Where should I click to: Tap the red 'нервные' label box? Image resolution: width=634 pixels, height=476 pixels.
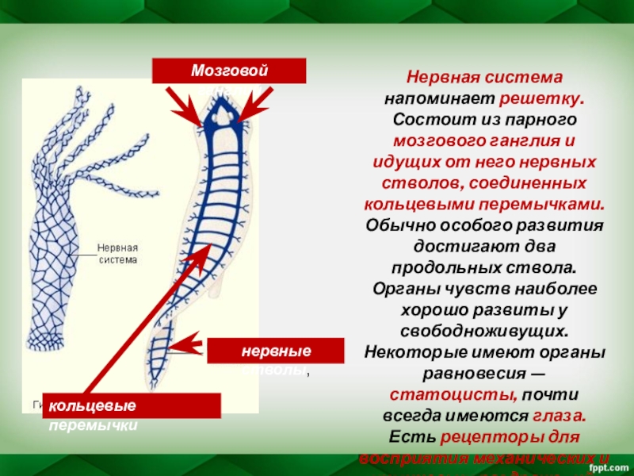tap(276, 351)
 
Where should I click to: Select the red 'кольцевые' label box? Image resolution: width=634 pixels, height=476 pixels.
tap(131, 405)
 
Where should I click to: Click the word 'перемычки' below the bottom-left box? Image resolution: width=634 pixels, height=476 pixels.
tap(94, 425)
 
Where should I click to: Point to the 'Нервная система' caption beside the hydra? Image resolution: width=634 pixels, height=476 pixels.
tap(117, 253)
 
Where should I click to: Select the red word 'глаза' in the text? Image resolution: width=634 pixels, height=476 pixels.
tap(560, 414)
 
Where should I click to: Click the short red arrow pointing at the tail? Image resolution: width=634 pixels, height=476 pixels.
tap(187, 345)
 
